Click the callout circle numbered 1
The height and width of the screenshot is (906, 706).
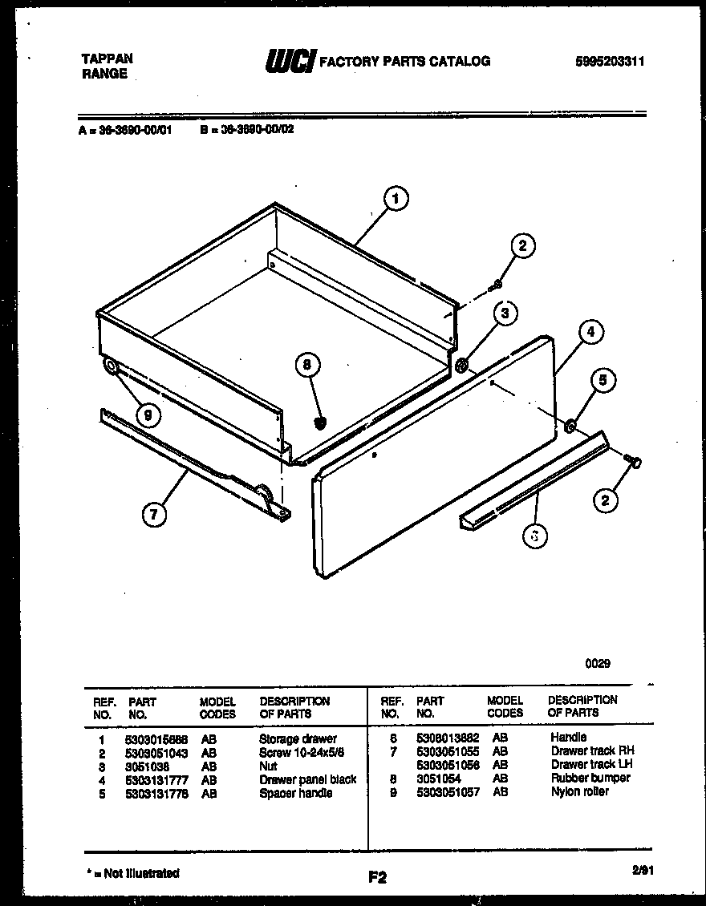396,199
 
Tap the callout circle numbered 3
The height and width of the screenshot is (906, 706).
505,313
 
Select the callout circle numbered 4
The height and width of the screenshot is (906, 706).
590,332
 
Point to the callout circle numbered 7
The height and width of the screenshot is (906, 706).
154,513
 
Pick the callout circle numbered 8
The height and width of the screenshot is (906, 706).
307,366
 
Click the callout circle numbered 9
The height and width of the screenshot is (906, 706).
147,415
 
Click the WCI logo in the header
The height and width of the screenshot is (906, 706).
289,61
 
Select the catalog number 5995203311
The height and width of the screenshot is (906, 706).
610,61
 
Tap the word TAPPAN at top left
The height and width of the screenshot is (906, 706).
108,59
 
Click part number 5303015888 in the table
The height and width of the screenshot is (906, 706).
156,738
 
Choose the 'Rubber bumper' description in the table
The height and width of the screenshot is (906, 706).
590,778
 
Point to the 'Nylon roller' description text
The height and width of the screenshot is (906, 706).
580,791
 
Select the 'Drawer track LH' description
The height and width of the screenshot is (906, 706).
592,764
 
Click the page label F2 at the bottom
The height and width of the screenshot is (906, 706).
377,878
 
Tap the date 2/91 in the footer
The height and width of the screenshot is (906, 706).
643,869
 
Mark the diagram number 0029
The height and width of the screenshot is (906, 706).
598,663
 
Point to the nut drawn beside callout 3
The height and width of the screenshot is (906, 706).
463,366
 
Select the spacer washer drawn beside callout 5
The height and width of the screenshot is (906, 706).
570,427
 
